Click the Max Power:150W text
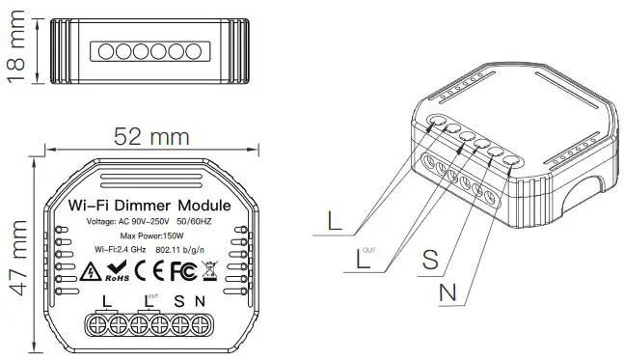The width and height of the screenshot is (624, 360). click(x=151, y=236)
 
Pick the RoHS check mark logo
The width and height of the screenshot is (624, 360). click(x=116, y=271)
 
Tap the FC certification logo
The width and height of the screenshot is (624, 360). click(x=180, y=271)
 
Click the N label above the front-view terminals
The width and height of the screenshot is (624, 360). click(x=200, y=301)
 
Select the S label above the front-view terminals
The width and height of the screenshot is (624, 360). click(x=179, y=301)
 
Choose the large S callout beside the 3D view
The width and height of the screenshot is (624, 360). click(x=430, y=260)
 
